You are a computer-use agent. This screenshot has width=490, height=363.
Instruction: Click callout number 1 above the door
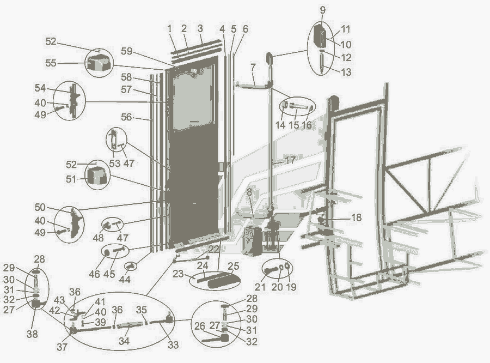click(x=170, y=28)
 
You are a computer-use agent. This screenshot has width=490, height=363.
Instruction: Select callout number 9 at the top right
click(x=323, y=10)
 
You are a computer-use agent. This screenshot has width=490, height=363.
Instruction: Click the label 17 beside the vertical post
click(x=290, y=160)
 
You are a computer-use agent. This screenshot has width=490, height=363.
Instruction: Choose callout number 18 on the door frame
click(x=356, y=217)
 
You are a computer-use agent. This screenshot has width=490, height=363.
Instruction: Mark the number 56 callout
click(x=126, y=117)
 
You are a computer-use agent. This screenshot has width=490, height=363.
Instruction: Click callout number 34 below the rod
click(x=125, y=342)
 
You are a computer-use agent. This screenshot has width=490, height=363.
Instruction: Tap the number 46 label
click(x=95, y=274)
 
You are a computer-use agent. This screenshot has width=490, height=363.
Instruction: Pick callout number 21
click(x=260, y=287)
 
